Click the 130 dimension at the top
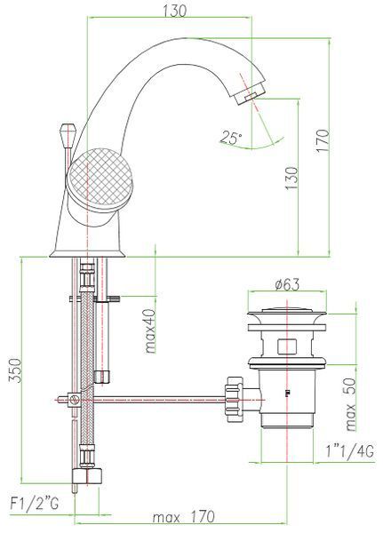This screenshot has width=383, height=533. pyautogui.click(x=175, y=11)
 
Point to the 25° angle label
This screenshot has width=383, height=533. pyautogui.click(x=230, y=137)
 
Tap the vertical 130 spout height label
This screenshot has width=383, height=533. pyautogui.click(x=291, y=178)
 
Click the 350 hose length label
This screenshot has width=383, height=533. pyautogui.click(x=15, y=370)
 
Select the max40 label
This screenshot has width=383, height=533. pyautogui.click(x=150, y=330)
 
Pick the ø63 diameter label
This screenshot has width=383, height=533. pyautogui.click(x=287, y=284)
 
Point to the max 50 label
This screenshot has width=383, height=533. pyautogui.click(x=350, y=404)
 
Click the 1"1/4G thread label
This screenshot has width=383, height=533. pyautogui.click(x=349, y=451)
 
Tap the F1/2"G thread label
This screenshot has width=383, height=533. pyautogui.click(x=35, y=504)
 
